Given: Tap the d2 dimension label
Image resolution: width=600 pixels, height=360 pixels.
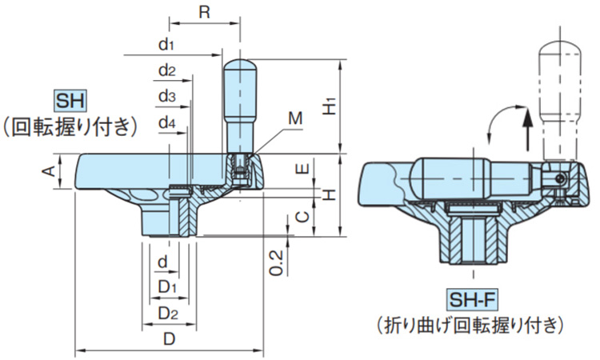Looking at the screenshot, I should pos(166,70).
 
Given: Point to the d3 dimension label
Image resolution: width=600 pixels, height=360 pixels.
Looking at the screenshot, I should pos(166,97).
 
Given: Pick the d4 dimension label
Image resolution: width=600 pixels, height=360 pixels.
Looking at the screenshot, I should pos(166,123).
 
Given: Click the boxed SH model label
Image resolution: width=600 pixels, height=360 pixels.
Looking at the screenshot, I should pos(70,101).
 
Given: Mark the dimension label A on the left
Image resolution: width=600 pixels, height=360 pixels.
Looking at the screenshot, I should pos(48,170).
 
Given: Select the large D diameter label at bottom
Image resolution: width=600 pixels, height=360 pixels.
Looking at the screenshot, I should pos(170,338).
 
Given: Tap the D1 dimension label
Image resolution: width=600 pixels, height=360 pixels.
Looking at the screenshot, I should pos(166,286).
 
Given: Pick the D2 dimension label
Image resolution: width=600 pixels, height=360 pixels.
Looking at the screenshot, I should pos(166,312).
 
